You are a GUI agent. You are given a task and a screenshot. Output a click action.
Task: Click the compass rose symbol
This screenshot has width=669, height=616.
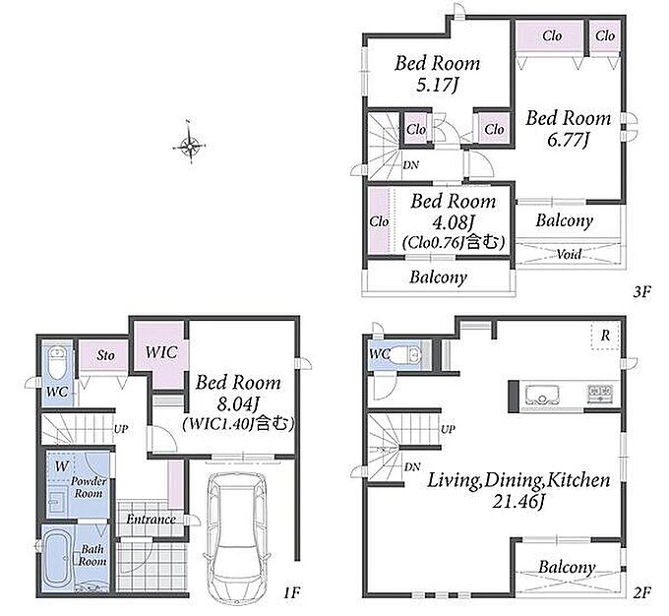(189, 147)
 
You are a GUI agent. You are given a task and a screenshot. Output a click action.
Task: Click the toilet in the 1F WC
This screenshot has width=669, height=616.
(57, 363)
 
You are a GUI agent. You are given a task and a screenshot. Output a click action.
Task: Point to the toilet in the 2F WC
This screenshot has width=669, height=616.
(405, 354)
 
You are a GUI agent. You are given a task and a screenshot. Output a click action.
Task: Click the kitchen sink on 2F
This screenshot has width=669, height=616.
(542, 395)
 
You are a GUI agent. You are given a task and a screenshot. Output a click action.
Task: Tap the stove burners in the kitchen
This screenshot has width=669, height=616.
(600, 394)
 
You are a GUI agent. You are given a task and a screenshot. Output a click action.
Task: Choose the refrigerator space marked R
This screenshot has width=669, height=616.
(605, 336)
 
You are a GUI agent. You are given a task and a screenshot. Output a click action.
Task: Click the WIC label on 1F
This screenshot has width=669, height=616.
(161, 352)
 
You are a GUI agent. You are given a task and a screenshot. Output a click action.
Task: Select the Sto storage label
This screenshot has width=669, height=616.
(106, 355)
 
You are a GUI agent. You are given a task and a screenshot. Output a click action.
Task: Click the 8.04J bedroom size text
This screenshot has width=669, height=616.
(238, 403)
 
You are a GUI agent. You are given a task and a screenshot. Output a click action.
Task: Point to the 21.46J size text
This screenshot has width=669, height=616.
(518, 501)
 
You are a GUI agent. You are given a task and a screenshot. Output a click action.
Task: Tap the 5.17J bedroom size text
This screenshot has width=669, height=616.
(438, 85)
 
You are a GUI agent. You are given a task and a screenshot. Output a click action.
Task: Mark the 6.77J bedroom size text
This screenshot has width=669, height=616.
(569, 140)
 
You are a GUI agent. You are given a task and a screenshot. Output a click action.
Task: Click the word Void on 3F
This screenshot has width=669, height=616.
(570, 255)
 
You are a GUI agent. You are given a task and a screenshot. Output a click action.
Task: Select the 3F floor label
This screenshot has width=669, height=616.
(641, 292)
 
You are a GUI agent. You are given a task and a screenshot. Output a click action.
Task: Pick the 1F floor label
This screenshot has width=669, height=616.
(292, 592)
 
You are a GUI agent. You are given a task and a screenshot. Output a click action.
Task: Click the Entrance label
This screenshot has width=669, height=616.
(152, 520)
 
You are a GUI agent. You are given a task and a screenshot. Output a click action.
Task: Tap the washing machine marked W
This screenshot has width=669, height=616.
(61, 466)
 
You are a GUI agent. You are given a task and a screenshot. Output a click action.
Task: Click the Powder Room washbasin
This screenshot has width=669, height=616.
(55, 502)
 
